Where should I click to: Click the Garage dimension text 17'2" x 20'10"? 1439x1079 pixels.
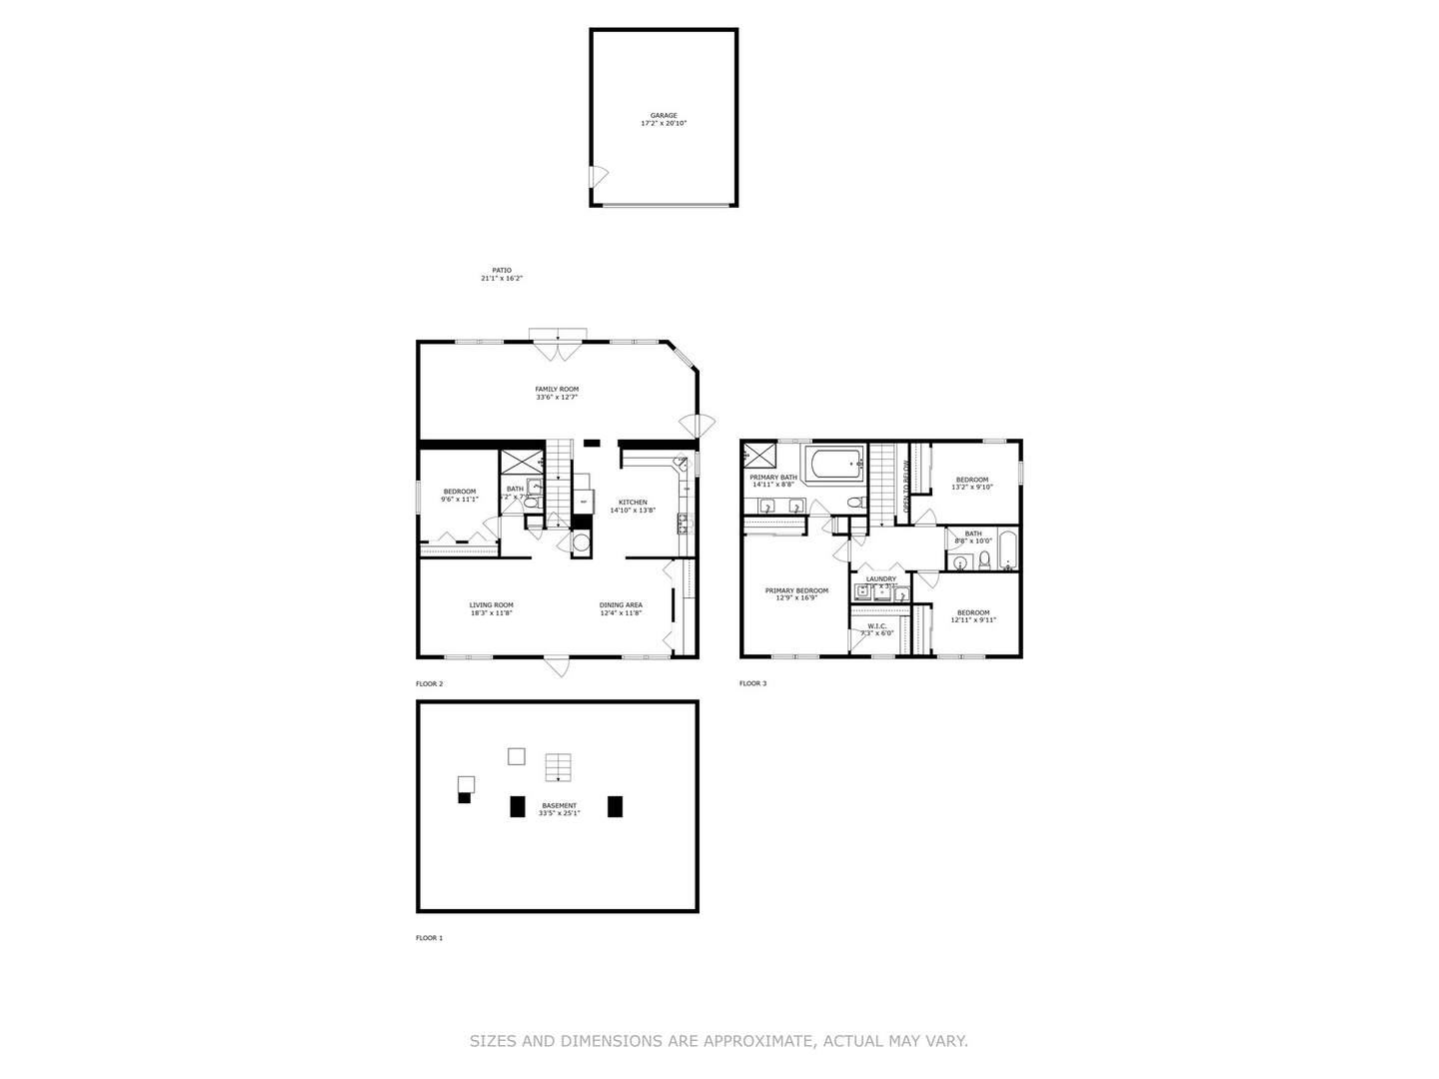point(664,124)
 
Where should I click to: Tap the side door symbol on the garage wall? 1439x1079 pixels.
point(599,177)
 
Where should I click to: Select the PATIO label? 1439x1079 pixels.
point(501,270)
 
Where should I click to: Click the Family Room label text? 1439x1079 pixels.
point(557,389)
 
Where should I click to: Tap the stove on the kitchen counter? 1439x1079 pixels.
point(684,522)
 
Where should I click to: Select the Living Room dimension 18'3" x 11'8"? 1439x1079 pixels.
point(492,613)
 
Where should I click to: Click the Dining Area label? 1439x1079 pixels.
point(621,604)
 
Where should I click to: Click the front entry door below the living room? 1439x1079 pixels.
point(557,665)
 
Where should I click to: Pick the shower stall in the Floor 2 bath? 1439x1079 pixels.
point(519,463)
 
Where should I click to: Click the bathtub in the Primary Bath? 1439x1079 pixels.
point(834,464)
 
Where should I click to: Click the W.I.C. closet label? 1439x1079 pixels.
point(876,625)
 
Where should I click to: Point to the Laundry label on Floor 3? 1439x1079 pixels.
point(880,578)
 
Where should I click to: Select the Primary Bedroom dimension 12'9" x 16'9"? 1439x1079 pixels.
point(796,598)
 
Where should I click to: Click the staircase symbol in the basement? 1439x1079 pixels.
point(558,767)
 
